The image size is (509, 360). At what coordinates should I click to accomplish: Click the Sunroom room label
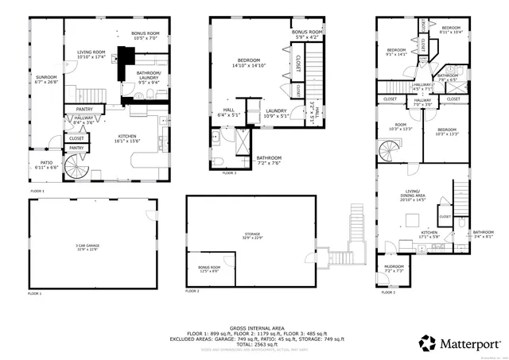47,79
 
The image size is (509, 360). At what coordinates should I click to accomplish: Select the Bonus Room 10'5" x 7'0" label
145,36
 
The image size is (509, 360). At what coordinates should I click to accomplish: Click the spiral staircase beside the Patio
76,168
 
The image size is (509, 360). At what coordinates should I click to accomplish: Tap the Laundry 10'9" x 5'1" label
276,113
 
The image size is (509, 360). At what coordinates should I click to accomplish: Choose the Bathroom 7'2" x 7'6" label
268,160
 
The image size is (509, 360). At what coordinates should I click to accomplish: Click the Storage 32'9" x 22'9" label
252,236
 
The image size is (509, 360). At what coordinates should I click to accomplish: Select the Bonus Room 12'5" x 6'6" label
210,269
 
